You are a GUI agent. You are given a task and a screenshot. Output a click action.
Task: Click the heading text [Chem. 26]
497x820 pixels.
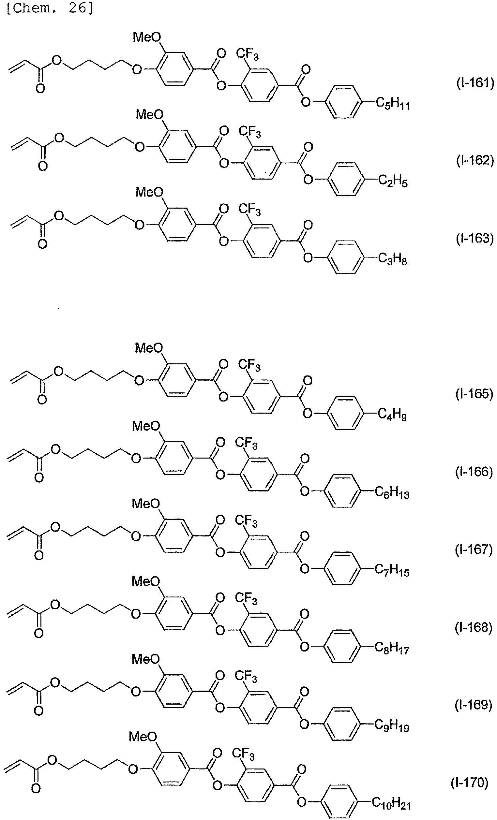pyautogui.click(x=50, y=8)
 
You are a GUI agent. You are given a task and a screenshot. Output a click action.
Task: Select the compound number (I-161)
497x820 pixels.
pyautogui.click(x=475, y=82)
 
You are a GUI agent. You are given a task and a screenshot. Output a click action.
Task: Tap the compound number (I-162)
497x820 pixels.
pyautogui.click(x=475, y=160)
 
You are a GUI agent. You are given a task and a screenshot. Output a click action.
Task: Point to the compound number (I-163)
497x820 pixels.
pyautogui.click(x=474, y=238)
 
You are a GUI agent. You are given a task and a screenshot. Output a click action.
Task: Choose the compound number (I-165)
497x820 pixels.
pyautogui.click(x=474, y=394)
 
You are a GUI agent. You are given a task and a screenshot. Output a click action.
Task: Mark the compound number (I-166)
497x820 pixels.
pyautogui.click(x=474, y=472)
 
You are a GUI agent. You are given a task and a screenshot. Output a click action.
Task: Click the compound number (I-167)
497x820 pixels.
pyautogui.click(x=474, y=550)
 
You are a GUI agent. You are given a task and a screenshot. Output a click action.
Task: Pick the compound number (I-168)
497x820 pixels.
pyautogui.click(x=474, y=628)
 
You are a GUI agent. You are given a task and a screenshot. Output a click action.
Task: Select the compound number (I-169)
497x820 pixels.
pyautogui.click(x=473, y=705)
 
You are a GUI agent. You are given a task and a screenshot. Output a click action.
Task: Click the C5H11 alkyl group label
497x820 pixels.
pyautogui.click(x=393, y=104)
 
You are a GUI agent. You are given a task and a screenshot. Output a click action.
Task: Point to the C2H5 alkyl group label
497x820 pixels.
pyautogui.click(x=393, y=182)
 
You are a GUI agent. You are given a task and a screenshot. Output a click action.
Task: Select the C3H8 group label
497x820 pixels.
pyautogui.click(x=393, y=259)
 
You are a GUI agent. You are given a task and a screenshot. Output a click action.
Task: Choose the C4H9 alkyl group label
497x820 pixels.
pyautogui.click(x=392, y=415)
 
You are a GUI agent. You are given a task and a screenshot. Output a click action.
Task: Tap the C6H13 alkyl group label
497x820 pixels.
pyautogui.click(x=392, y=493)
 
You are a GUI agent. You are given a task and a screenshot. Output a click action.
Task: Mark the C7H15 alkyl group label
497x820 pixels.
pyautogui.click(x=392, y=570)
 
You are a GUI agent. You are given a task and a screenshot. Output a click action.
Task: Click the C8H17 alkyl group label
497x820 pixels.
pyautogui.click(x=392, y=648)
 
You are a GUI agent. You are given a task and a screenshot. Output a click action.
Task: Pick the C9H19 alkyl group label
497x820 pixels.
pyautogui.click(x=392, y=726)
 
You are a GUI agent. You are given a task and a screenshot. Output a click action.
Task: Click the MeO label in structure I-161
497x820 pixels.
pyautogui.click(x=147, y=37)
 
